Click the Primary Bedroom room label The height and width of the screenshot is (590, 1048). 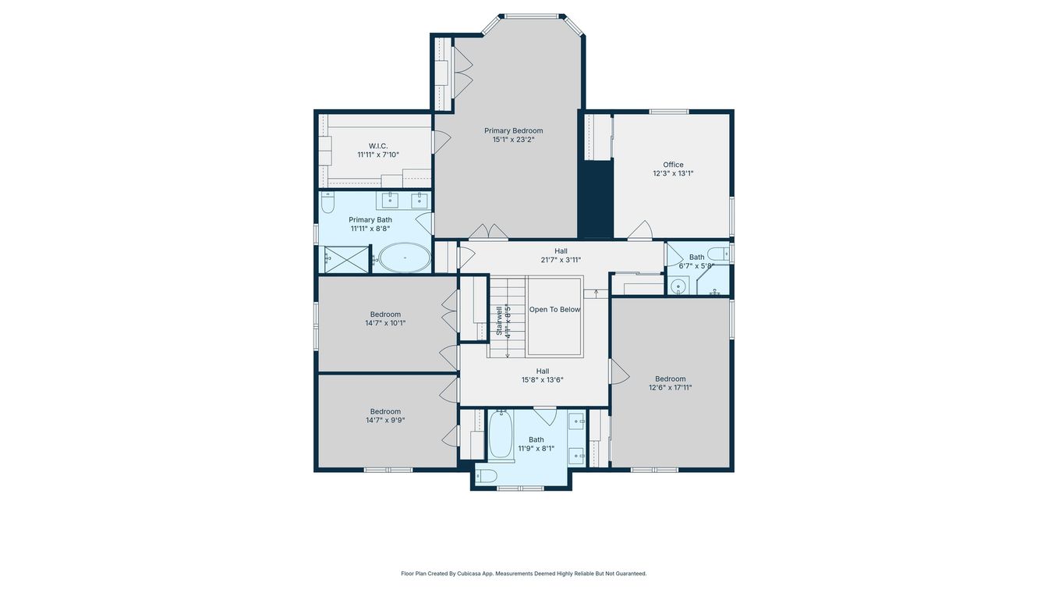coord(513,131)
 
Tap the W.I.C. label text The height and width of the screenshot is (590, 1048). coord(378,146)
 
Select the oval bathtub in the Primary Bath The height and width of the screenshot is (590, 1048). coord(404,258)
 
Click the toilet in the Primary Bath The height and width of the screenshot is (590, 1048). coord(327,203)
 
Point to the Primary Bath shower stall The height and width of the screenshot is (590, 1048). coord(344,259)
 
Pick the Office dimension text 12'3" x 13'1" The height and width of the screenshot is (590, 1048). coord(673,174)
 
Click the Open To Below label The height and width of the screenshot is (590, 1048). coord(554,310)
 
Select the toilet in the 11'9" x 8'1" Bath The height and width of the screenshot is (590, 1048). coord(487,475)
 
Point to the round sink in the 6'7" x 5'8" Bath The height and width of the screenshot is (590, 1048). coord(678,287)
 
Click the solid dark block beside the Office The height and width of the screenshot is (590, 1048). coord(597,199)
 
